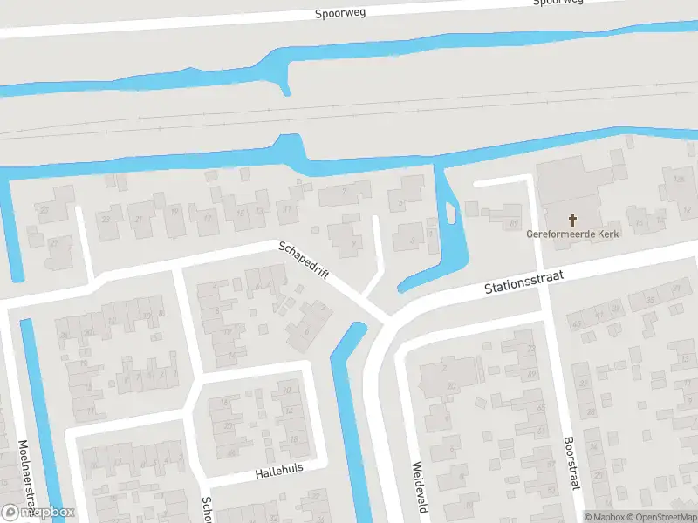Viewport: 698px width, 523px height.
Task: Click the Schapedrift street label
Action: [304, 260]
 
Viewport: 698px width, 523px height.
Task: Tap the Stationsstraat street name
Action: [525, 282]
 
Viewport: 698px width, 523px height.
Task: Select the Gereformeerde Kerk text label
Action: [573, 234]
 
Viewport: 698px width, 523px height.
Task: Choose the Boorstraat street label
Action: [571, 463]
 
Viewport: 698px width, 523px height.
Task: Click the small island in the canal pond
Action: [450, 212]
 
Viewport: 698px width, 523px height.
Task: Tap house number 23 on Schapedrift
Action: [106, 220]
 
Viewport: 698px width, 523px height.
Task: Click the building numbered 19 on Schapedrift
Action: [174, 212]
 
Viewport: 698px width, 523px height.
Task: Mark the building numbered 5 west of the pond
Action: [401, 202]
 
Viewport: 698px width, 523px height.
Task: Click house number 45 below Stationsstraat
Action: [575, 325]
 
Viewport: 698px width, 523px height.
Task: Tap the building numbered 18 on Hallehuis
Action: [224, 402]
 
